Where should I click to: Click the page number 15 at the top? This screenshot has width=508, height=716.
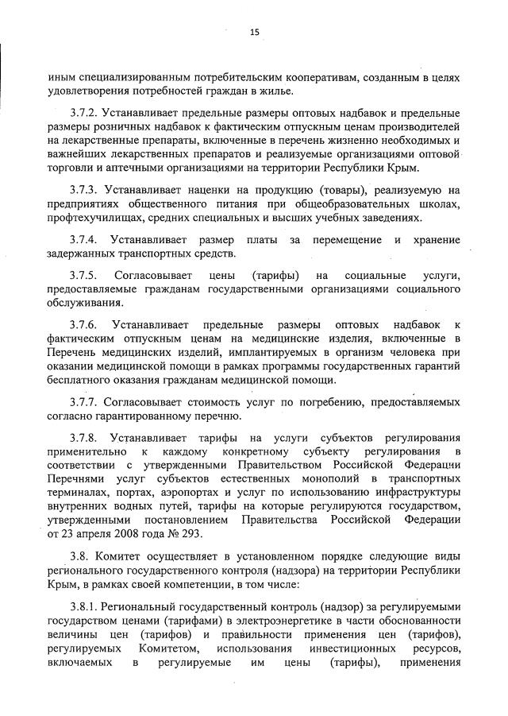254,32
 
